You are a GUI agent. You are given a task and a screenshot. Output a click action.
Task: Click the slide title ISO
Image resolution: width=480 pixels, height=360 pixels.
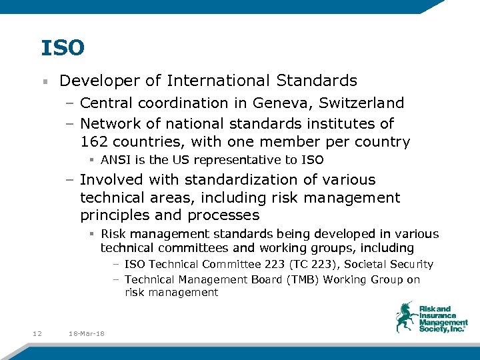[x=63, y=48]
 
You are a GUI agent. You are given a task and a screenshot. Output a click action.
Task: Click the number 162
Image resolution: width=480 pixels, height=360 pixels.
[x=94, y=142]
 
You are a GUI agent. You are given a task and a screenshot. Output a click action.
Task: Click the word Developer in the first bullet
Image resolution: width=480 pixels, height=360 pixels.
[x=100, y=81]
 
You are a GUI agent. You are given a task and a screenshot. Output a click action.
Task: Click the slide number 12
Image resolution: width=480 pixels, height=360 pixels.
[x=37, y=333]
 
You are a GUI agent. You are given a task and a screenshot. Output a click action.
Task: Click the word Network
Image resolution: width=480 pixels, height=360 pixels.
[x=109, y=124]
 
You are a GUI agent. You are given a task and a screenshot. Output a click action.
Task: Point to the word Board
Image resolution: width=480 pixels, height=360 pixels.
[x=263, y=279]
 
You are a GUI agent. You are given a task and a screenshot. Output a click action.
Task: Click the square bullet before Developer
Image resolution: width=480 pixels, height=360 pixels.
[x=44, y=82]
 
